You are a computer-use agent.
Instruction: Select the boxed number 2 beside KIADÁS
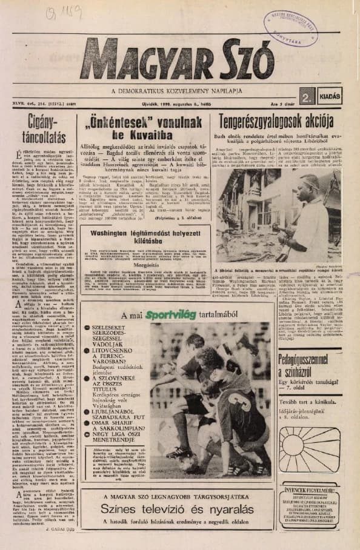coord(307,96)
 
